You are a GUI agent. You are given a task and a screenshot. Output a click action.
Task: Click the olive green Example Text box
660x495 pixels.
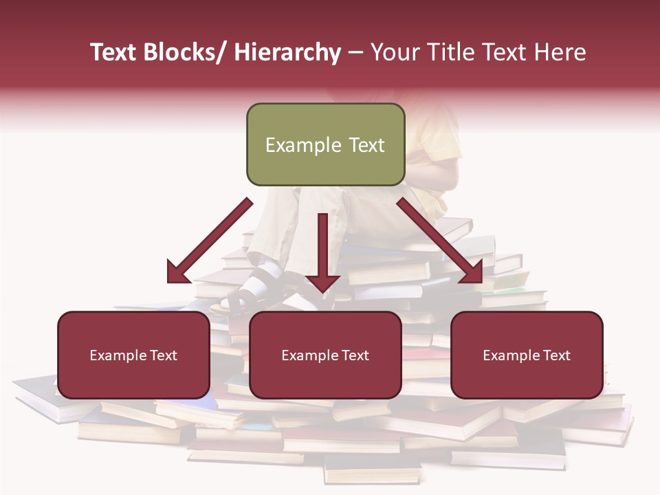pyautogui.click(x=325, y=144)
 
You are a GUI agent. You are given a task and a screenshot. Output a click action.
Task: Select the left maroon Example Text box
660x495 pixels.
pyautogui.click(x=133, y=355)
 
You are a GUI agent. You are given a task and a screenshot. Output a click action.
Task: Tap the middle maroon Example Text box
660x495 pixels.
pyautogui.click(x=325, y=355)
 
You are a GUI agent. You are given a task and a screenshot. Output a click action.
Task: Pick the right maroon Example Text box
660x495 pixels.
pyautogui.click(x=527, y=355)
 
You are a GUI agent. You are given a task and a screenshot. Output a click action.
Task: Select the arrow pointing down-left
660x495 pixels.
pyautogui.click(x=210, y=241)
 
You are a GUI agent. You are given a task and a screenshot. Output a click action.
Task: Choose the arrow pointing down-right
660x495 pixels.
pyautogui.click(x=440, y=241)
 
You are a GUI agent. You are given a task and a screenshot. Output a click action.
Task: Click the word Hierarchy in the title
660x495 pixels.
pyautogui.click(x=287, y=52)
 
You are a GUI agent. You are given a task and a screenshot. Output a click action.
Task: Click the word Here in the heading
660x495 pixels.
pyautogui.click(x=560, y=52)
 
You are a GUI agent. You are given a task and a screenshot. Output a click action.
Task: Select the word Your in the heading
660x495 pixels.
pyautogui.click(x=395, y=52)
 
